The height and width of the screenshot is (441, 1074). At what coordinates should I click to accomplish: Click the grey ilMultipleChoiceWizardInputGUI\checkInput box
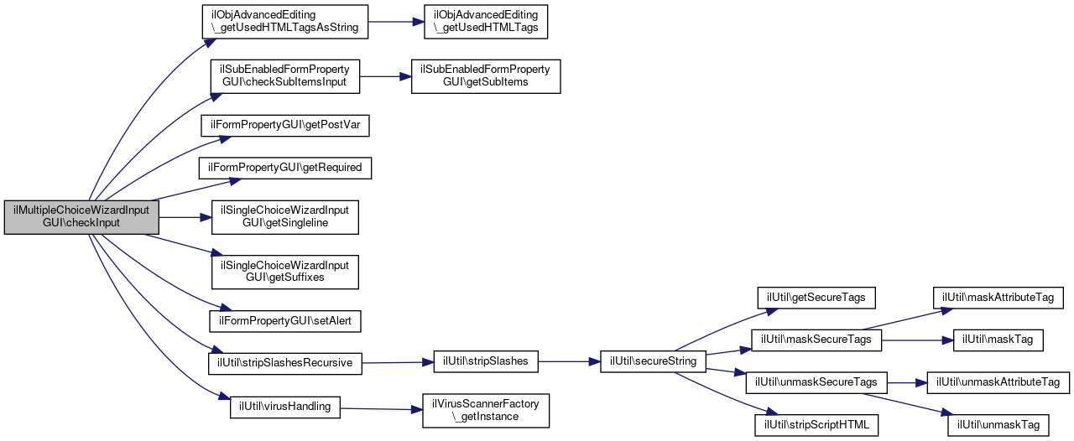(x=81, y=217)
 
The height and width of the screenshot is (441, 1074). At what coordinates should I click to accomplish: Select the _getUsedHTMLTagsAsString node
(x=284, y=22)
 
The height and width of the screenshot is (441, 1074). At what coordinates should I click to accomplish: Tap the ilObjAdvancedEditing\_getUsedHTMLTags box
(x=486, y=22)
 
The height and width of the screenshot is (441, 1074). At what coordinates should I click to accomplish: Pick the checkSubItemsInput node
(x=284, y=76)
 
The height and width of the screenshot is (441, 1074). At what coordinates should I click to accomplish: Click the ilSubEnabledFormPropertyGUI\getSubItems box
(x=486, y=76)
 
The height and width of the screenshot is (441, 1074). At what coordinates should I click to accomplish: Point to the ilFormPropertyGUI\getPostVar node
(x=284, y=125)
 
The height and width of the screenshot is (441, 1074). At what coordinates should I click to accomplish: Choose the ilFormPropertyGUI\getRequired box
(x=284, y=169)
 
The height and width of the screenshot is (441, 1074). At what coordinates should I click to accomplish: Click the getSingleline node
(x=284, y=217)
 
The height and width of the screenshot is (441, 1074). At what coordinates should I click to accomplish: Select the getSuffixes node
(x=284, y=272)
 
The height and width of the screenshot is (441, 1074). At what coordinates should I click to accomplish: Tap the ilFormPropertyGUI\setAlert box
(x=284, y=321)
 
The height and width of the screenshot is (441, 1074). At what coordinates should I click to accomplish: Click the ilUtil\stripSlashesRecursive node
(x=284, y=363)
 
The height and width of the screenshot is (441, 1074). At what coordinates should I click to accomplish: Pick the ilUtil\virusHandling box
(x=284, y=407)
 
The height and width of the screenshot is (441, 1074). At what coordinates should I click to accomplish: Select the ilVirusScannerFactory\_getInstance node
(x=486, y=410)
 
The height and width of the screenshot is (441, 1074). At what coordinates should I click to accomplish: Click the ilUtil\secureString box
(x=653, y=361)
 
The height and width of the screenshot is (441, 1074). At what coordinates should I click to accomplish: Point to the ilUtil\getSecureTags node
(x=816, y=298)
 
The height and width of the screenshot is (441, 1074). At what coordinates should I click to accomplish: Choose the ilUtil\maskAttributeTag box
(x=998, y=298)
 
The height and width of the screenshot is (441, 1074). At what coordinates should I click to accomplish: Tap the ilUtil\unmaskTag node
(x=998, y=425)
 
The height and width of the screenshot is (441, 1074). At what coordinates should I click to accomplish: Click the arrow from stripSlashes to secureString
(x=569, y=361)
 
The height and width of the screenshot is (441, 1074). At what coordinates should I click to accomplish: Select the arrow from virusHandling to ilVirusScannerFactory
(x=381, y=409)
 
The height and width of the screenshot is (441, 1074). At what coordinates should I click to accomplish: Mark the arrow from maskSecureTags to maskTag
(x=917, y=340)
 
